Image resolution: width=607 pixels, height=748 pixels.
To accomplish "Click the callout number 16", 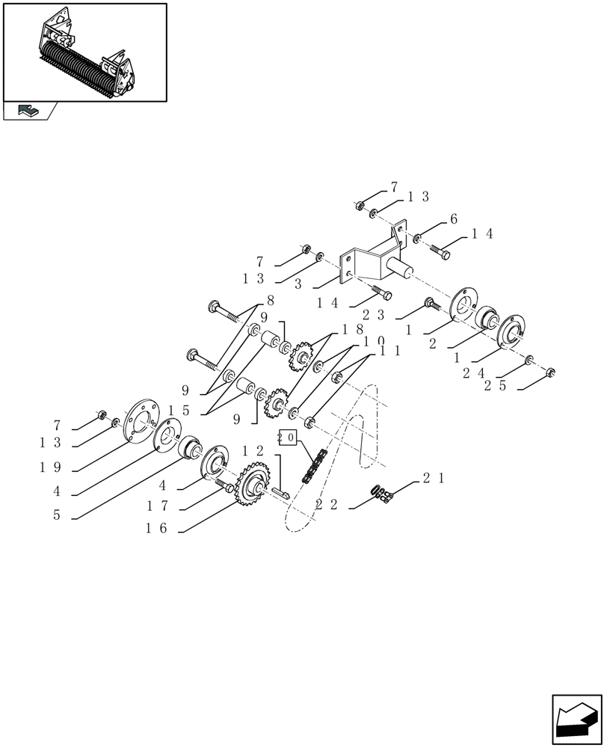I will pyautogui.click(x=156, y=529).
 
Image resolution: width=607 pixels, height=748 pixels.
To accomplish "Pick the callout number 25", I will pyautogui.click(x=493, y=385).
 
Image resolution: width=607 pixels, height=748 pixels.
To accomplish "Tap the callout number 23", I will pyautogui.click(x=373, y=315).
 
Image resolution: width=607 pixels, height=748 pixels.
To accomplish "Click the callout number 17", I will pyautogui.click(x=156, y=506).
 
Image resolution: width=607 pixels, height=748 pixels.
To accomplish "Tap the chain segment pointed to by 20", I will pyautogui.click(x=313, y=465).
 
